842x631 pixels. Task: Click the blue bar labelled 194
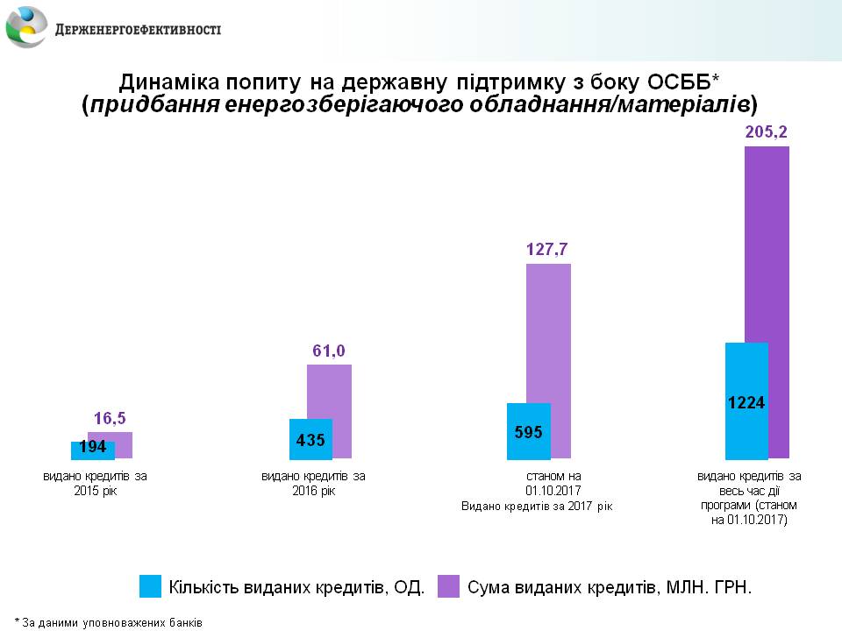(x=92, y=450)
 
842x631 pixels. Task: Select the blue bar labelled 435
(x=310, y=438)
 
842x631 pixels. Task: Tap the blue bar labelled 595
(x=528, y=431)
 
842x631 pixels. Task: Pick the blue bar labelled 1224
(x=746, y=401)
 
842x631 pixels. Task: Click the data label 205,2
(x=767, y=132)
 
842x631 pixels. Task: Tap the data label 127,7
(x=548, y=250)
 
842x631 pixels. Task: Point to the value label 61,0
(x=329, y=351)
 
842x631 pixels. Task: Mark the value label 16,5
(x=111, y=418)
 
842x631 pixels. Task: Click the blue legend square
(x=150, y=586)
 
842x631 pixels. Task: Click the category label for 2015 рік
(x=96, y=483)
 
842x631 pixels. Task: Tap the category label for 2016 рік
(x=313, y=483)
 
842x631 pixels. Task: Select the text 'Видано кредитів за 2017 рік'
(x=537, y=506)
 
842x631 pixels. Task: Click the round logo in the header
(x=27, y=27)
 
